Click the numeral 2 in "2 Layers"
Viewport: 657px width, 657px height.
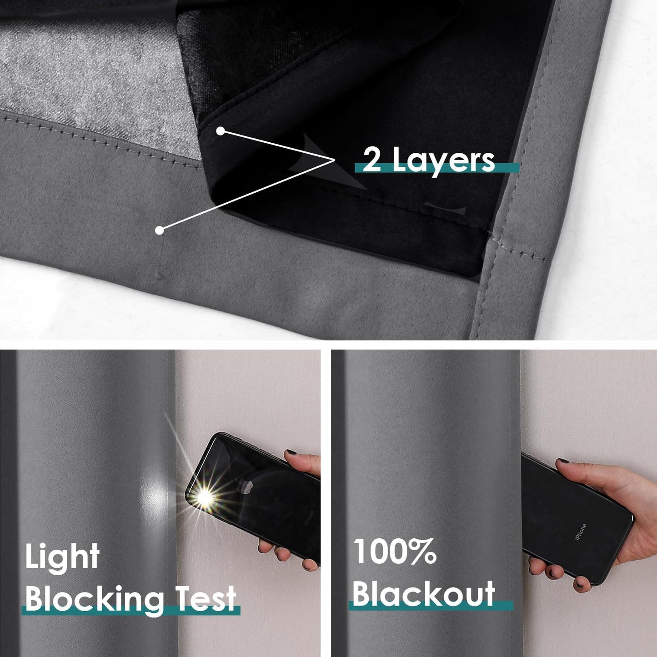372,160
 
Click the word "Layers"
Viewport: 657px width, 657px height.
443,161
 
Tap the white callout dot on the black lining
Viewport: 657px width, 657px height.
221,131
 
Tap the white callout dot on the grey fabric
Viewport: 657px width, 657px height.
159,230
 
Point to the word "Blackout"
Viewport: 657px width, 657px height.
423,594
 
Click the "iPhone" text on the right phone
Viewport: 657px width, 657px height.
581,532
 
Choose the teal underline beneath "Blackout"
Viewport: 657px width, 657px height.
431,606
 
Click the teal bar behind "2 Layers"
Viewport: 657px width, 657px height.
507,167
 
